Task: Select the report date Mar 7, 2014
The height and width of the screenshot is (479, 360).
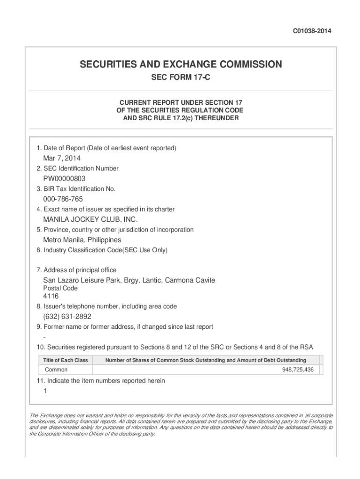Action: point(62,158)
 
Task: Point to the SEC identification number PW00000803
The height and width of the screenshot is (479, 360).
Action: point(65,179)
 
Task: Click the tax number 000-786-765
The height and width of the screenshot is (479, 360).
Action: point(63,199)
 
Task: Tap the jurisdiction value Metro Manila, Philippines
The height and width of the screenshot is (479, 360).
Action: point(82,240)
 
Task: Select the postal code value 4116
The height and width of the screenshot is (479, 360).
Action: point(51,296)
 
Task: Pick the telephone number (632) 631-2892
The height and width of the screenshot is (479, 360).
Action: point(67,317)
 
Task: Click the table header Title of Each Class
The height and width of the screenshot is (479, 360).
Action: point(65,360)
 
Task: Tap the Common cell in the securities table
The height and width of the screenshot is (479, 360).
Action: point(56,370)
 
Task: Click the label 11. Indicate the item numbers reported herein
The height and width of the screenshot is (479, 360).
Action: point(101,381)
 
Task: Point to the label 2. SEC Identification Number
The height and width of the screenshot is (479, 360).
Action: point(78,168)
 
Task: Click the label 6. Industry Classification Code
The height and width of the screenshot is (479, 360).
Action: point(102,250)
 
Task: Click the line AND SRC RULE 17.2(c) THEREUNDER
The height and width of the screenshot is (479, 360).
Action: point(180,118)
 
